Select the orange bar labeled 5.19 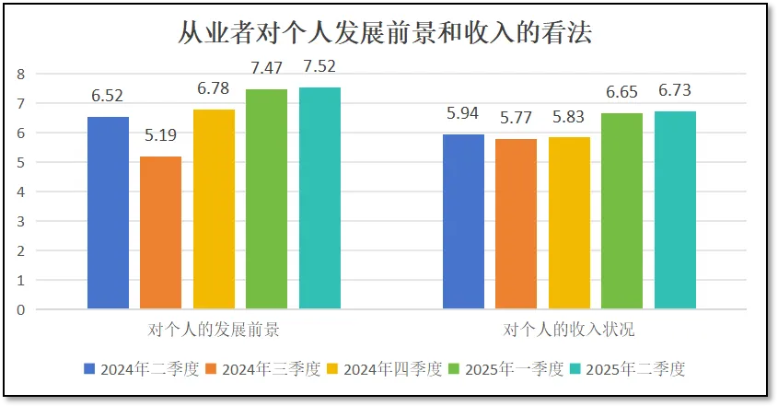pyautogui.click(x=161, y=233)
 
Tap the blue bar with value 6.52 pyautogui.click(x=108, y=213)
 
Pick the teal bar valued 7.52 pyautogui.click(x=319, y=198)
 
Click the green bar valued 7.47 pyautogui.click(x=267, y=199)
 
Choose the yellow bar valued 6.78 pyautogui.click(x=214, y=209)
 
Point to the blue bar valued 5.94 pyautogui.click(x=463, y=222)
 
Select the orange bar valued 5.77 pyautogui.click(x=516, y=224)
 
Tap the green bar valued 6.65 pyautogui.click(x=621, y=211)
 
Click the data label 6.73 pyautogui.click(x=675, y=90)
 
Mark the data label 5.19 pyautogui.click(x=161, y=135)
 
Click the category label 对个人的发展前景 pyautogui.click(x=214, y=329)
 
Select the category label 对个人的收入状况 pyautogui.click(x=569, y=329)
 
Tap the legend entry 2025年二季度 pyautogui.click(x=635, y=369)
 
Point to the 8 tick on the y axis pyautogui.click(x=20, y=74)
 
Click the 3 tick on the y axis pyautogui.click(x=20, y=221)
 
